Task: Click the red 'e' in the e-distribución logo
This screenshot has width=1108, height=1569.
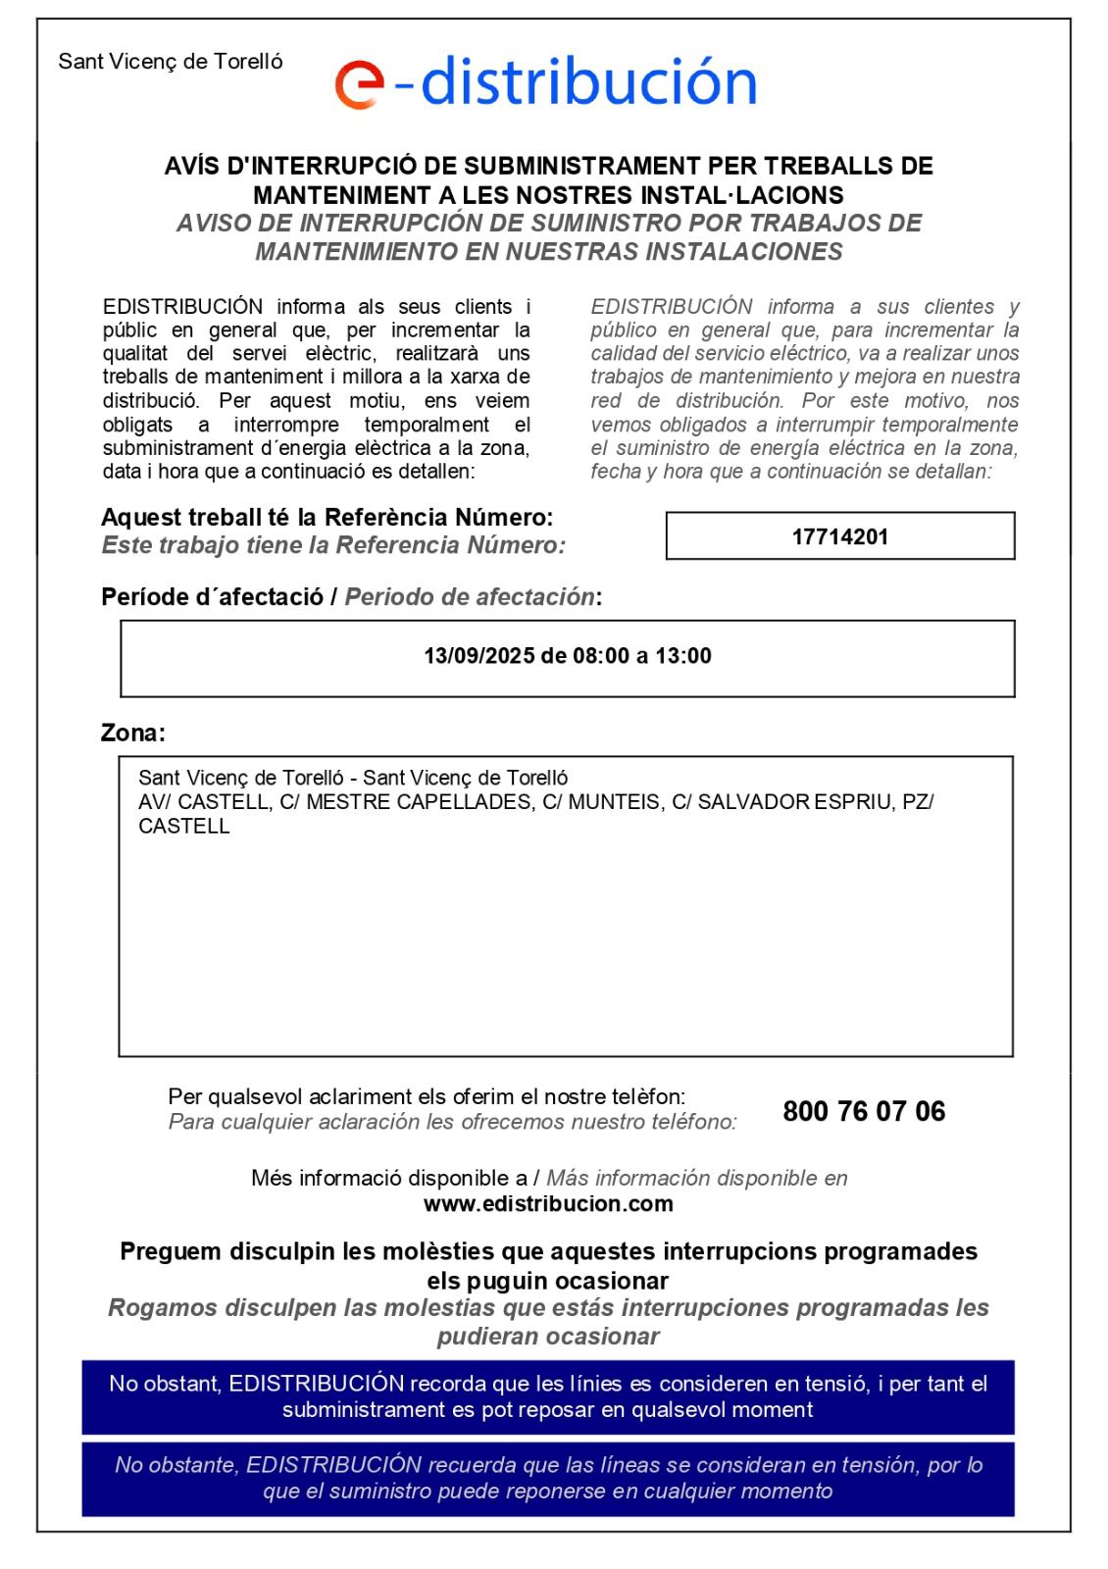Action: (x=359, y=84)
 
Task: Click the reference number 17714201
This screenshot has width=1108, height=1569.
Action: (x=839, y=536)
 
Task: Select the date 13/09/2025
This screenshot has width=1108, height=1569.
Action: (x=478, y=656)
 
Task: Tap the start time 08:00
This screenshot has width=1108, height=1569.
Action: (x=601, y=656)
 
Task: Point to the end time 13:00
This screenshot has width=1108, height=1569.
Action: (x=683, y=656)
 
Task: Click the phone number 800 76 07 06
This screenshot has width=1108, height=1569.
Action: (x=864, y=1111)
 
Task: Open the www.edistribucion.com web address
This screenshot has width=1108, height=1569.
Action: (x=548, y=1204)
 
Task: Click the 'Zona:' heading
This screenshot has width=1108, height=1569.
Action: (x=133, y=733)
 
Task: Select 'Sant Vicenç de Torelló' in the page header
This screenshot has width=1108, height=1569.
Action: (x=171, y=62)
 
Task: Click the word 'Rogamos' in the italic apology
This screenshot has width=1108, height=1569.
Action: (x=159, y=1308)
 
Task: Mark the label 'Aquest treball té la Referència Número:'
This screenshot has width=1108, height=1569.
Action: (x=327, y=517)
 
